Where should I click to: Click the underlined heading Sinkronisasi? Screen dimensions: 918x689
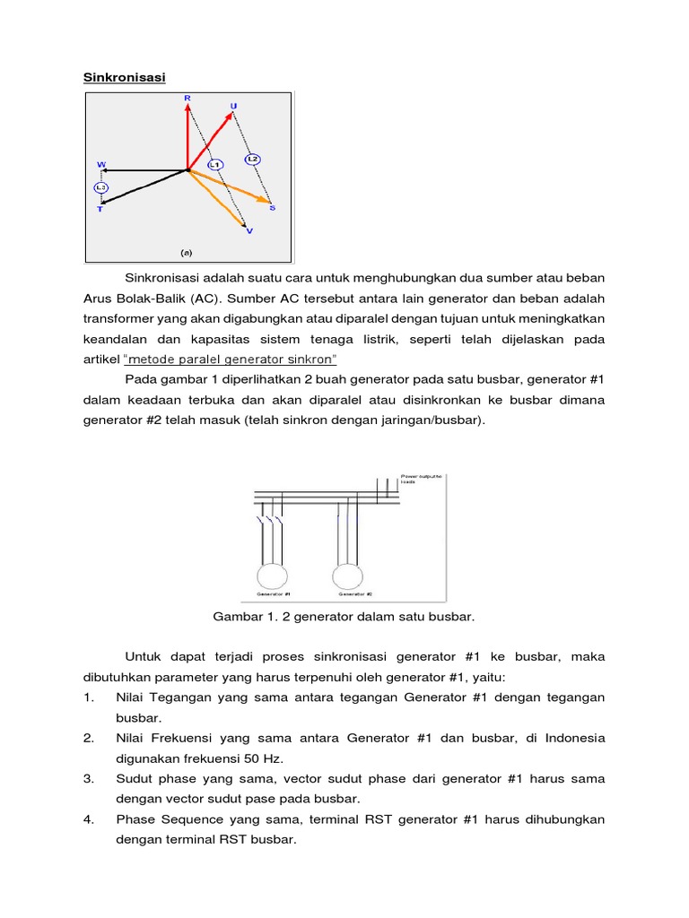(x=124, y=78)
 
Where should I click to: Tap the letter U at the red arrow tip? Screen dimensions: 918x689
(x=234, y=106)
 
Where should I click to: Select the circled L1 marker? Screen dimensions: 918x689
(x=214, y=165)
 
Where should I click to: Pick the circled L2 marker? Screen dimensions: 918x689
(x=252, y=159)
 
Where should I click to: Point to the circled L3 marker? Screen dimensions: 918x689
(x=100, y=187)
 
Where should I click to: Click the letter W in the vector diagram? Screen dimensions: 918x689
(x=100, y=165)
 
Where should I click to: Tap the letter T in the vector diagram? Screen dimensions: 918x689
(x=100, y=209)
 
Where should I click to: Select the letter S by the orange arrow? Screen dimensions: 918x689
(x=272, y=208)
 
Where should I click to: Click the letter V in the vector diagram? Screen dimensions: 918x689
(x=249, y=231)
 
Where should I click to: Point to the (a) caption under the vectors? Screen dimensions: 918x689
(x=187, y=254)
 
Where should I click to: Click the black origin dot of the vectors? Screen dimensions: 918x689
(x=188, y=168)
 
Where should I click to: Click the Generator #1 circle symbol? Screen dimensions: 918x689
(x=272, y=575)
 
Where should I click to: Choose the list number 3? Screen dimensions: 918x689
(x=89, y=778)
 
